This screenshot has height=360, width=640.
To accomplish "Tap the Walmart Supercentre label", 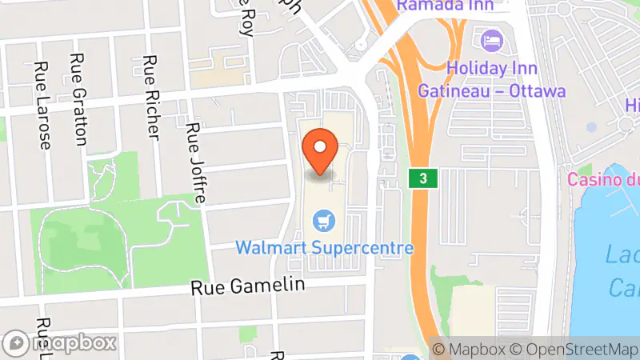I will tap(325, 247).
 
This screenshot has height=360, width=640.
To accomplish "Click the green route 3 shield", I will tap(422, 178).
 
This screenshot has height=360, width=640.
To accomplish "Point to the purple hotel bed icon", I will tap(489, 38).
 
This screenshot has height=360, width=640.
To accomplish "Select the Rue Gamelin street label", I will tap(248, 286).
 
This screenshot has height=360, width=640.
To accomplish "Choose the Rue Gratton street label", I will tap(78, 98).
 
